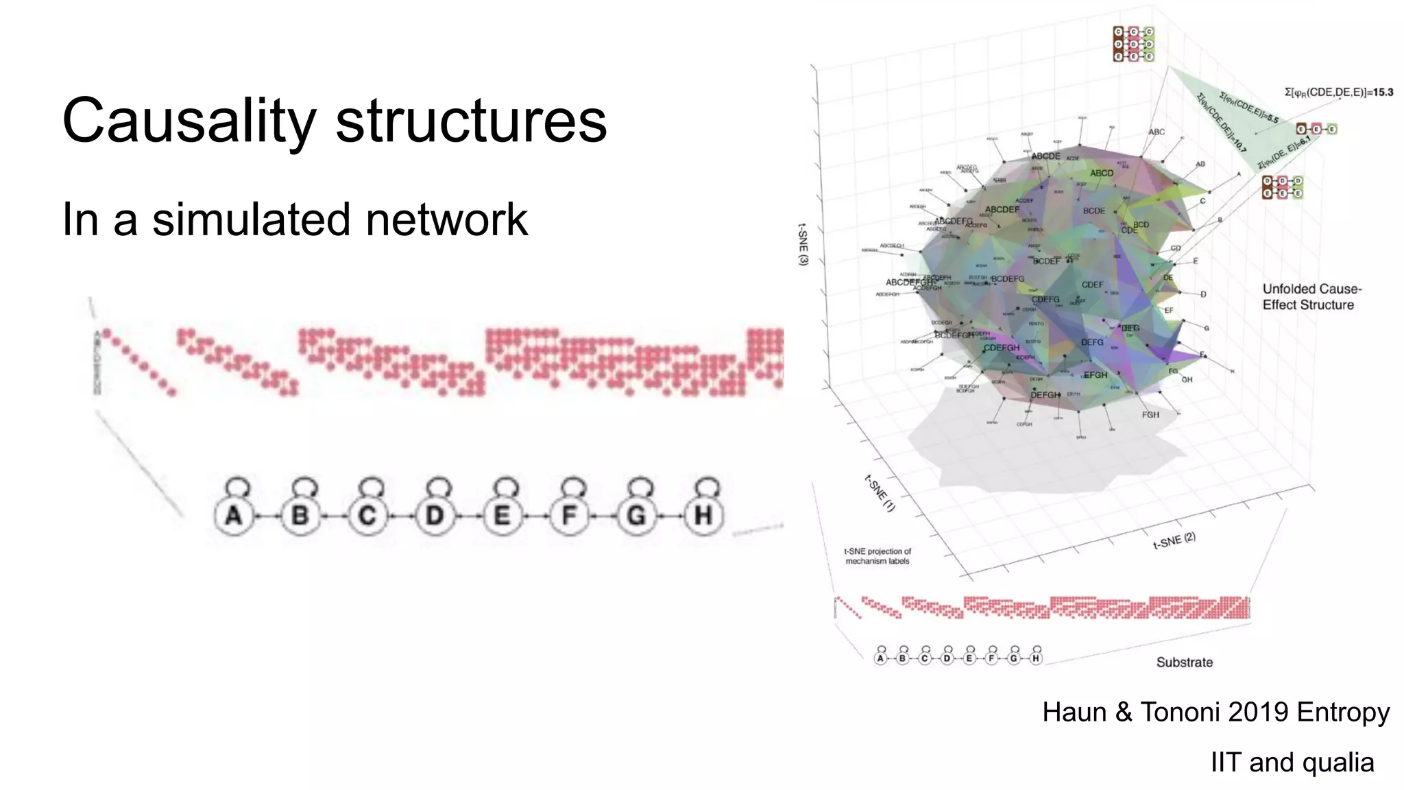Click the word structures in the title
[x=471, y=121]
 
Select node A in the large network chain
[x=234, y=515]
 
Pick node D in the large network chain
[x=435, y=515]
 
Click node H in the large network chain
[x=703, y=515]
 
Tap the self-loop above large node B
[x=304, y=486]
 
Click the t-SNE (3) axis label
[x=803, y=244]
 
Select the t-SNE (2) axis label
[x=1174, y=542]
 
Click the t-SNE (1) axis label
[x=880, y=493]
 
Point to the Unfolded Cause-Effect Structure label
[x=1311, y=297]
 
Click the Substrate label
[x=1184, y=662]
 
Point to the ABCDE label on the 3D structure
[x=1045, y=156]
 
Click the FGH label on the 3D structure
[x=1150, y=415]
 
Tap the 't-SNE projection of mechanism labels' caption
[x=877, y=556]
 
